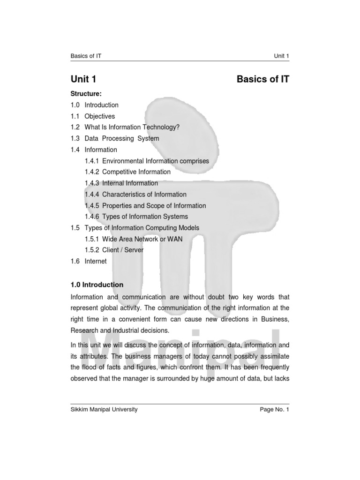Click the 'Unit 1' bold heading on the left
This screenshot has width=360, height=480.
(x=83, y=79)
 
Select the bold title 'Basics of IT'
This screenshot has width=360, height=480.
(x=263, y=79)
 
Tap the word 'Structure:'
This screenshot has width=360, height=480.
(x=86, y=94)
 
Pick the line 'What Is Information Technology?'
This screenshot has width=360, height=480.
(x=132, y=127)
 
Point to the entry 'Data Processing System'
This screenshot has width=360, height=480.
(x=121, y=139)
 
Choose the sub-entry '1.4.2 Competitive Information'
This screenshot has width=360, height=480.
(x=127, y=172)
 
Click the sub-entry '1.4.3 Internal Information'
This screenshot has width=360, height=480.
(x=121, y=183)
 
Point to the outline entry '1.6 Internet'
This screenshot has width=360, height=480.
(x=89, y=261)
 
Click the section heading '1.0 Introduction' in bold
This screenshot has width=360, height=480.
(x=97, y=285)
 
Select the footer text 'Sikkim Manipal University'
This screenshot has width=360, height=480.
(x=104, y=409)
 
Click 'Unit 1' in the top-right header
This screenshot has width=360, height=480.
(x=282, y=56)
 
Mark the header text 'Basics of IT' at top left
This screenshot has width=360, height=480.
(x=86, y=56)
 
